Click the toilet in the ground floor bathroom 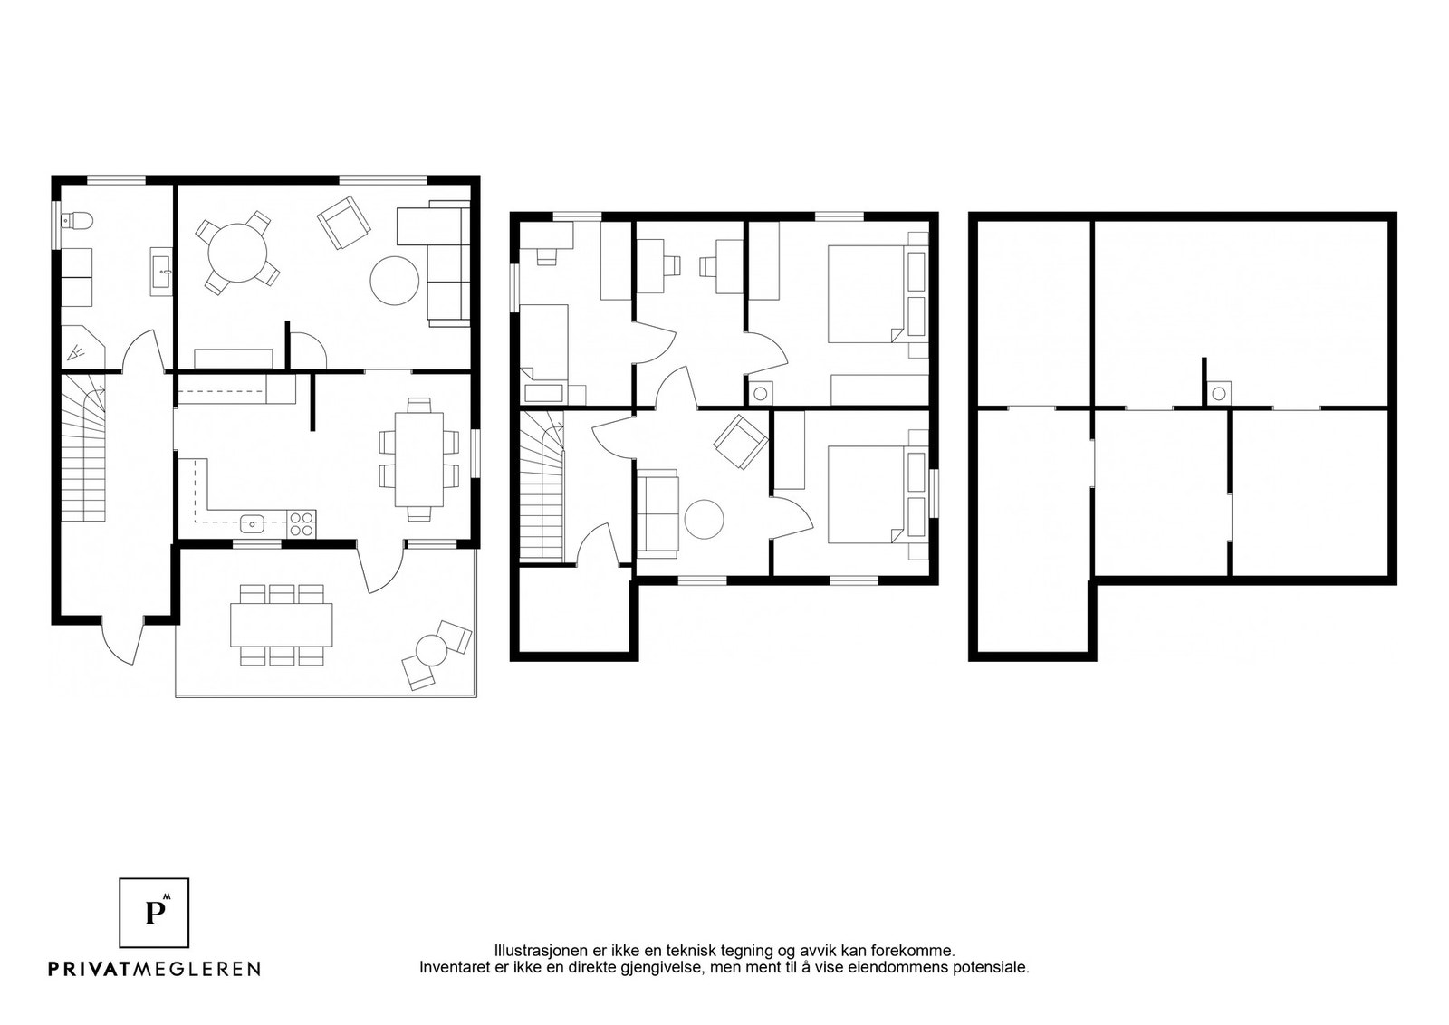[x=78, y=221]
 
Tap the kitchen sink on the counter [x=253, y=523]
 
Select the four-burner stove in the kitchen [x=302, y=523]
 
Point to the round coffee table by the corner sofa [x=395, y=281]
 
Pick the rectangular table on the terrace [x=282, y=625]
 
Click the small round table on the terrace [x=431, y=650]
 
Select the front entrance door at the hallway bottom [x=123, y=640]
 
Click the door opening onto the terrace [x=381, y=569]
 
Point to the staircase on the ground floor [x=83, y=449]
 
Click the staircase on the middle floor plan [x=542, y=486]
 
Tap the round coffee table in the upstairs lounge [x=704, y=519]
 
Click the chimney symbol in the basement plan [x=1219, y=394]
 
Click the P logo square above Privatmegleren [x=154, y=913]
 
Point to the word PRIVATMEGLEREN [x=155, y=969]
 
